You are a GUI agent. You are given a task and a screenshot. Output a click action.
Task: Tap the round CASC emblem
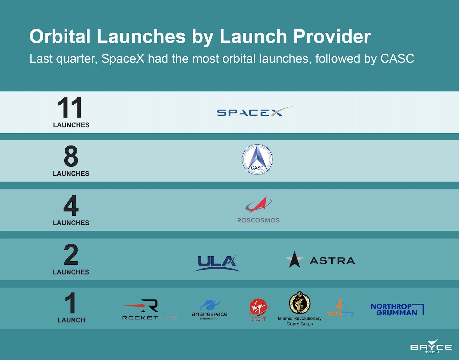coord(257,159)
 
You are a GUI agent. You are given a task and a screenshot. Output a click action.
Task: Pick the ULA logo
coord(217,263)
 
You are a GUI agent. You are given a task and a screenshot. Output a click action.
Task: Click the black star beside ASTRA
coord(294,260)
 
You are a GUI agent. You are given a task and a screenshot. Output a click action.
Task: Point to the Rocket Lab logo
coord(150,310)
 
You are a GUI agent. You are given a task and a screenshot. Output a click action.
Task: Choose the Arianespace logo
coord(210,310)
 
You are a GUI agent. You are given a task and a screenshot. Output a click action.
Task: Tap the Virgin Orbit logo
coord(258,310)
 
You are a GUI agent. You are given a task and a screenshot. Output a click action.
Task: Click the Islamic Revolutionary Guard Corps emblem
coord(300,303)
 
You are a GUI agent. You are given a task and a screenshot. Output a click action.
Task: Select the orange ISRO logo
coord(341,310)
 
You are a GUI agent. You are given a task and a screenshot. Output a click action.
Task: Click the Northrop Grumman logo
coord(397,310)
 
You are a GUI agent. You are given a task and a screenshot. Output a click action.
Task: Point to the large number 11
coord(70,107)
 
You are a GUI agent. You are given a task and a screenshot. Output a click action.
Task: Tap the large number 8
coord(71,156)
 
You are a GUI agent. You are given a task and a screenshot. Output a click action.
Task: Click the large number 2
coord(71,254)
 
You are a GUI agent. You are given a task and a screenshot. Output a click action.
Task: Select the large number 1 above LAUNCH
coord(71,303)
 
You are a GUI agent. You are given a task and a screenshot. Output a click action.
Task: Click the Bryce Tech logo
coord(431,346)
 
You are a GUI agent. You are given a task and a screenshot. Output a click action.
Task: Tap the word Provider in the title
coord(332,37)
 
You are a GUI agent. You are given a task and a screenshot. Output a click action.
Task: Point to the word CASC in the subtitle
coord(397,58)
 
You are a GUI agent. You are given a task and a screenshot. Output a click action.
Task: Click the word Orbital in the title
coord(60,37)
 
